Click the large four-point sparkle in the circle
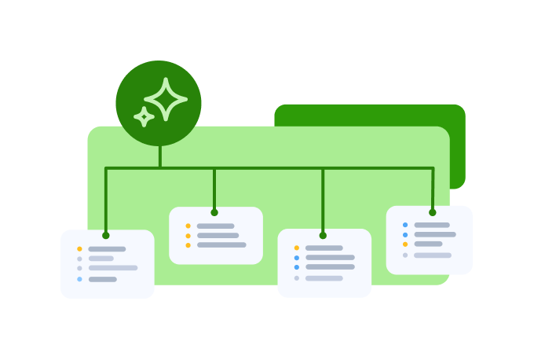[166, 99]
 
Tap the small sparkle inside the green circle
[144, 117]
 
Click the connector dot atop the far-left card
[106, 235]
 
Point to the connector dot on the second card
[214, 212]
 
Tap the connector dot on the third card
[323, 235]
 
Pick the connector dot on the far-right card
[432, 212]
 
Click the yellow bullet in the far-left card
[79, 249]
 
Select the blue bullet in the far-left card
[79, 279]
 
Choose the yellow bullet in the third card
[297, 248]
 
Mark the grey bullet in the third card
[297, 278]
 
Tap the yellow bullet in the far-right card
[405, 244]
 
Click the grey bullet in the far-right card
[405, 255]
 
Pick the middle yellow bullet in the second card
[188, 235]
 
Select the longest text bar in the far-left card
[113, 268]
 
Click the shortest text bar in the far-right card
[428, 244]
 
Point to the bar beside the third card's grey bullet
[324, 278]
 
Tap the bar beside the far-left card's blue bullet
[103, 279]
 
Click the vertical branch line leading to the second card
[214, 189]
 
